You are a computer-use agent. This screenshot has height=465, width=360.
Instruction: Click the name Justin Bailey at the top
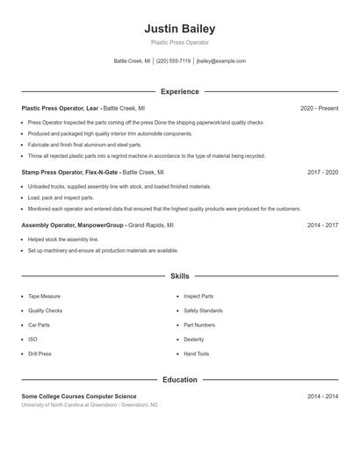click(x=179, y=28)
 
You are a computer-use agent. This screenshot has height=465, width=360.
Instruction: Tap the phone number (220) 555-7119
click(x=173, y=61)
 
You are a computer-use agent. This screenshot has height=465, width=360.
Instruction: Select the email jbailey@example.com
click(x=221, y=61)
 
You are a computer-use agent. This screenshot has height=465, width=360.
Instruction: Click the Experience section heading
click(x=179, y=91)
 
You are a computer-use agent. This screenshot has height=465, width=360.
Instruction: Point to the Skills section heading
click(x=179, y=275)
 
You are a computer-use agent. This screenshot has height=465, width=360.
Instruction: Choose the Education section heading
click(x=179, y=380)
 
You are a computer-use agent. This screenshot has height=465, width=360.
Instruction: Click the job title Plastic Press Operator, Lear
click(x=61, y=108)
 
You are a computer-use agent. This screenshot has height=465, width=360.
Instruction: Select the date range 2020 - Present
click(x=319, y=108)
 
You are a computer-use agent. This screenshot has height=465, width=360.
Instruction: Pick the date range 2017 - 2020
click(x=322, y=173)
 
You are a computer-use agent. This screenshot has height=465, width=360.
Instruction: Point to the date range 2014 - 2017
click(x=322, y=225)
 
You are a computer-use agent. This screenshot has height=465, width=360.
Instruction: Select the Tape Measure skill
click(x=44, y=297)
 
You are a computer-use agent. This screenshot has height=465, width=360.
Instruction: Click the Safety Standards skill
click(x=203, y=311)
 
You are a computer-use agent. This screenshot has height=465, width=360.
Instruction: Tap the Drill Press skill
click(x=40, y=354)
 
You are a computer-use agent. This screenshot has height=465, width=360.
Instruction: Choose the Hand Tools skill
click(x=196, y=354)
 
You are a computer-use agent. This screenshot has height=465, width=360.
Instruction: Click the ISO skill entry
click(x=32, y=340)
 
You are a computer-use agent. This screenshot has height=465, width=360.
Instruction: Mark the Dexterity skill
click(x=193, y=340)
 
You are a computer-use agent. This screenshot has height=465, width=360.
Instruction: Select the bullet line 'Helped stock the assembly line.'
click(x=63, y=240)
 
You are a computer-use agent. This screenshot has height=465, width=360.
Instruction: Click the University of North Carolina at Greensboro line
click(x=90, y=405)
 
